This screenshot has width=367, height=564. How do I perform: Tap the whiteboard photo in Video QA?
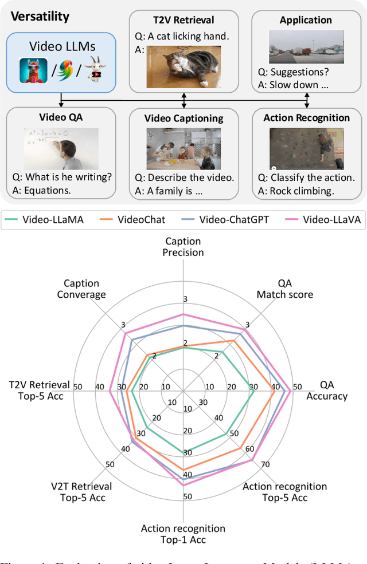tap(61, 147)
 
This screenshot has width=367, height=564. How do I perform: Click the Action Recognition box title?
tap(306, 118)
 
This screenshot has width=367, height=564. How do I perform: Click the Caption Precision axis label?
tap(184, 247)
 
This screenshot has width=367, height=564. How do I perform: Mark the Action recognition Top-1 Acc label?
tap(183, 534)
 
